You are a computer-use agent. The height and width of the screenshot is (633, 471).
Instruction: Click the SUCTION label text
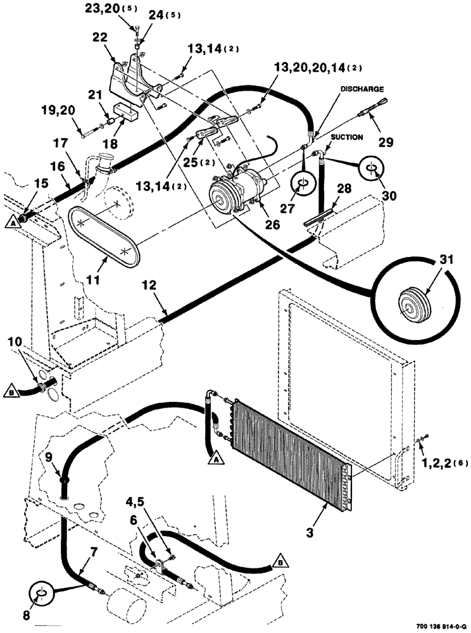click(x=346, y=137)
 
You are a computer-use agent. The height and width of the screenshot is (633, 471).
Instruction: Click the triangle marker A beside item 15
click(x=12, y=222)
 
